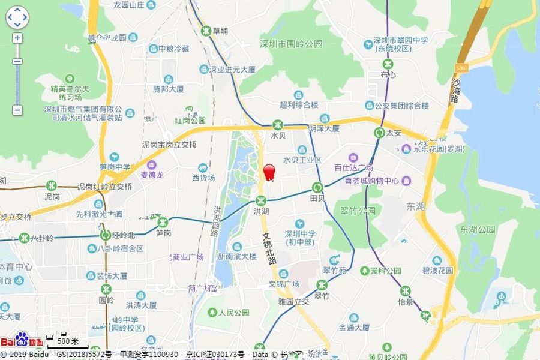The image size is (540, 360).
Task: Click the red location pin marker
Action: [x=269, y=171]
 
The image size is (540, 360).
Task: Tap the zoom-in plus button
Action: [x=17, y=38]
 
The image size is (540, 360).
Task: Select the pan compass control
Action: [x=17, y=17]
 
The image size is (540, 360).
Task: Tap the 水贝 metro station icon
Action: [x=277, y=125]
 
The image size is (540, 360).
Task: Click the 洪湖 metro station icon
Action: [x=260, y=201]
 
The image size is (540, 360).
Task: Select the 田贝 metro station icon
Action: [x=318, y=187]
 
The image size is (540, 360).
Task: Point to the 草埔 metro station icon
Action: [x=206, y=31]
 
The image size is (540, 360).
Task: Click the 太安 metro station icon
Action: [x=379, y=133]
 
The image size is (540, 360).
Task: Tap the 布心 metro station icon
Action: [x=388, y=64]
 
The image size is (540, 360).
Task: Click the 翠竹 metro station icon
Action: [x=322, y=285]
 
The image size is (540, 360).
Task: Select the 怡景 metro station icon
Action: [x=406, y=291]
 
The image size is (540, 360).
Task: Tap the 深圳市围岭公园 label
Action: [x=291, y=44]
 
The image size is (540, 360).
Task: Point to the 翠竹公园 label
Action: [x=358, y=211]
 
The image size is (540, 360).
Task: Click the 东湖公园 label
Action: [x=478, y=229]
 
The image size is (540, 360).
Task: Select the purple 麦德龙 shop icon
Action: [x=151, y=164]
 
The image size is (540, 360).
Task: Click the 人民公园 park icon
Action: [x=212, y=312]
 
